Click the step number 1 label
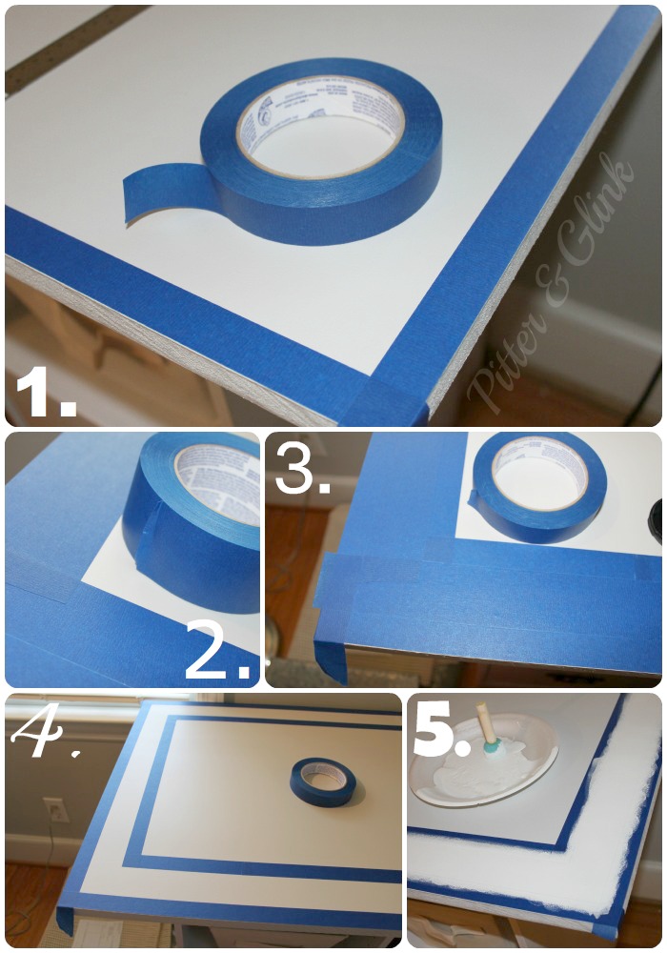point(46,392)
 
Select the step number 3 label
point(303,466)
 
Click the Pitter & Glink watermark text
point(553,286)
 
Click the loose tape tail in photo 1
point(157,195)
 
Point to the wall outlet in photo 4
point(55,810)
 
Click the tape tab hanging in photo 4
point(66,920)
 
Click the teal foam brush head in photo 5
point(492,747)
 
